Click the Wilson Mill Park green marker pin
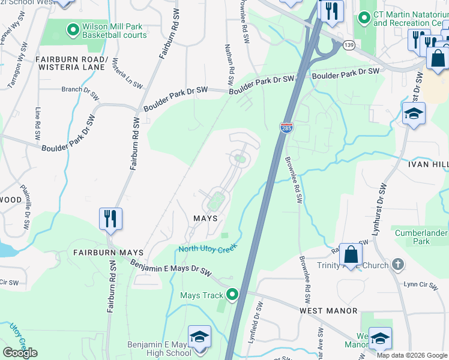73,29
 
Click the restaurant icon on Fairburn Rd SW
111,219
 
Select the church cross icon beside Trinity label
397,264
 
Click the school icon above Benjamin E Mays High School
200,338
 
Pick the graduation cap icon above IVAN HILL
414,115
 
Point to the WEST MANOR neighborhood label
328,311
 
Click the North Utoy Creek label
207,247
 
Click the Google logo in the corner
20,352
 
